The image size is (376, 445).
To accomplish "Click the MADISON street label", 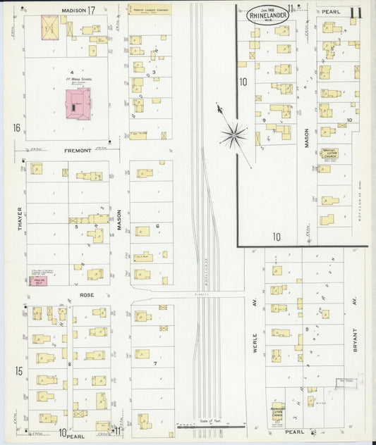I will coord(73,11).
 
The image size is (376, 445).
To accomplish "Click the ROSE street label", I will coord(87,295).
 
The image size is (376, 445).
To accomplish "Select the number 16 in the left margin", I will coord(16,127).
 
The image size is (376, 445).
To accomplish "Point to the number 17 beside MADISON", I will coord(92,11).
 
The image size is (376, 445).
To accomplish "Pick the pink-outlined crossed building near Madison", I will coord(50,27).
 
